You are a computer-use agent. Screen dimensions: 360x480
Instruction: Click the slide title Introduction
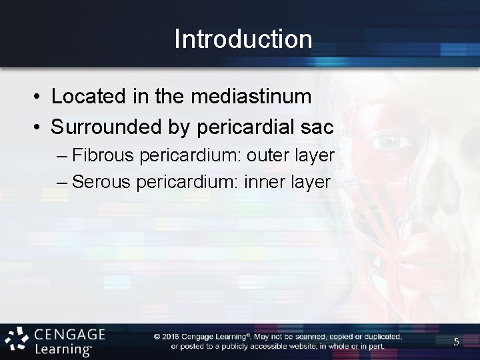pos(243,39)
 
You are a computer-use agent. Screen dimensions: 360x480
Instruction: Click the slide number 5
pos(457,342)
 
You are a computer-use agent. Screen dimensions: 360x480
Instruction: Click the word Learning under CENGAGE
pos(63,348)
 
